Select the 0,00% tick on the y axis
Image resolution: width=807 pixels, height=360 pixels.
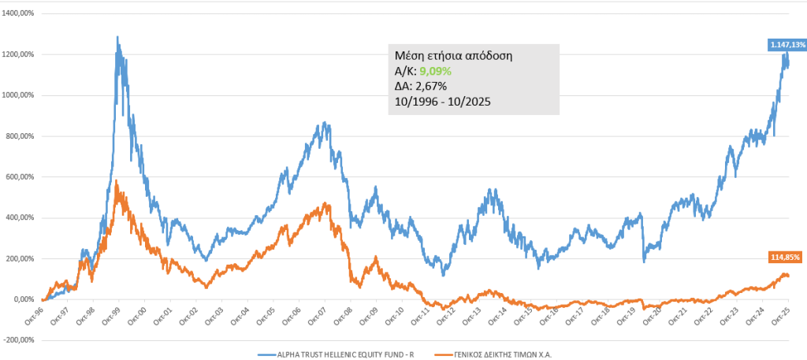[25, 299]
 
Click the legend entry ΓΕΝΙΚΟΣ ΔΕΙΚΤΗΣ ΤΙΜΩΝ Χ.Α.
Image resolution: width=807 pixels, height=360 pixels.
[502, 353]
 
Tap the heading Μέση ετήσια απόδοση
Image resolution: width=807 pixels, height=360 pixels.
[453, 57]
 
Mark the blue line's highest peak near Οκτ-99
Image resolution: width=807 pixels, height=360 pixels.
[117, 37]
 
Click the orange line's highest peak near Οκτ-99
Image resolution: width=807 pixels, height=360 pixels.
[117, 181]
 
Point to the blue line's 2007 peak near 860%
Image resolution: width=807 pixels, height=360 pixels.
[325, 124]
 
